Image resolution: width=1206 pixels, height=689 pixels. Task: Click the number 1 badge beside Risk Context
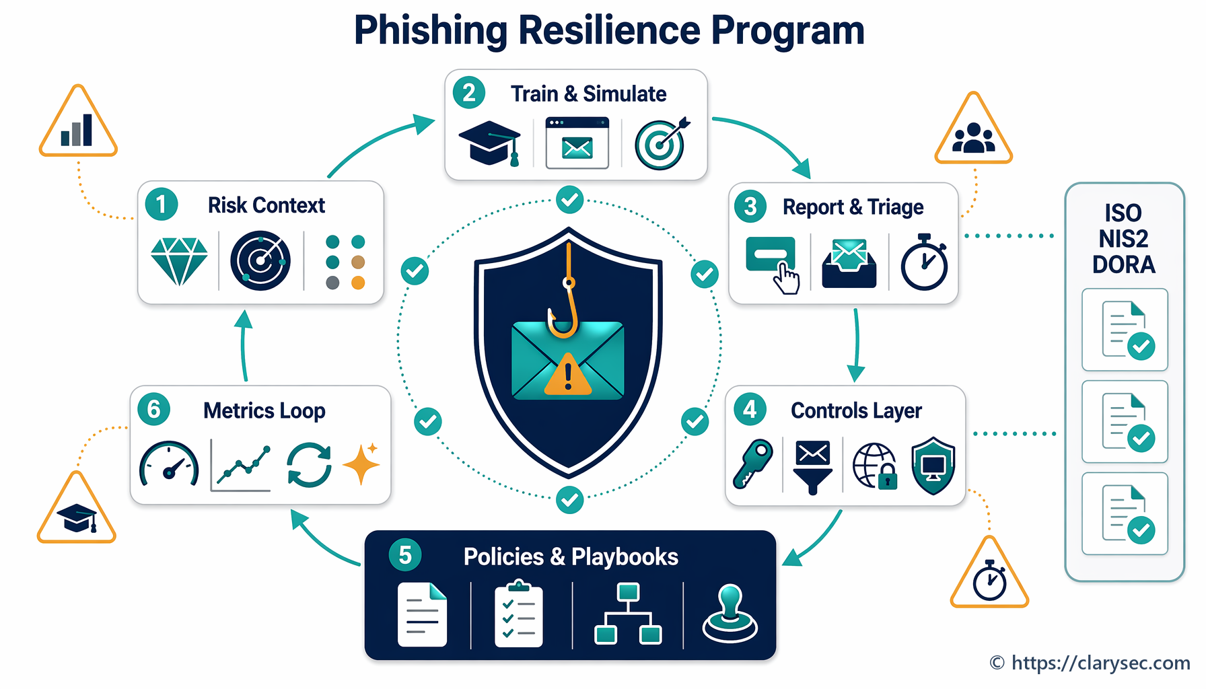tap(161, 204)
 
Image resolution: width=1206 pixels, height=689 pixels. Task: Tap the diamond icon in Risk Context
tap(179, 261)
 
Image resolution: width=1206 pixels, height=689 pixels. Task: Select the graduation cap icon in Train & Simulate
tap(490, 143)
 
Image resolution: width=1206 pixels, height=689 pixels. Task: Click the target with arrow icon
tap(662, 143)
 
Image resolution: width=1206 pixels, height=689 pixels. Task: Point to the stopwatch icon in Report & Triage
tap(925, 262)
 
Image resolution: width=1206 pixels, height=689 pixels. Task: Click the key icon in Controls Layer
tap(753, 464)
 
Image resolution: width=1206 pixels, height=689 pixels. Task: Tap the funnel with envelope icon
tap(813, 467)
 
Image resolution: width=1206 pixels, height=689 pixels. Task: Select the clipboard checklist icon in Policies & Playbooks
tap(518, 615)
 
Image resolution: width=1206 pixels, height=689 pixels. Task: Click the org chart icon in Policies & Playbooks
tap(628, 614)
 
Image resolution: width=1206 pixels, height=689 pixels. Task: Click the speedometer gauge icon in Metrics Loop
tap(169, 464)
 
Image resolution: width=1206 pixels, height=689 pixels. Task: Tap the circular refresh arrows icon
tap(309, 465)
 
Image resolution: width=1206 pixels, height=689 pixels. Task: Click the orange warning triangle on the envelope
tap(568, 374)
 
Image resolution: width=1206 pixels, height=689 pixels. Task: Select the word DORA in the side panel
tap(1123, 264)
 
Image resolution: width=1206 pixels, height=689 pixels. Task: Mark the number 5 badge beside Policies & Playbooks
tap(405, 555)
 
